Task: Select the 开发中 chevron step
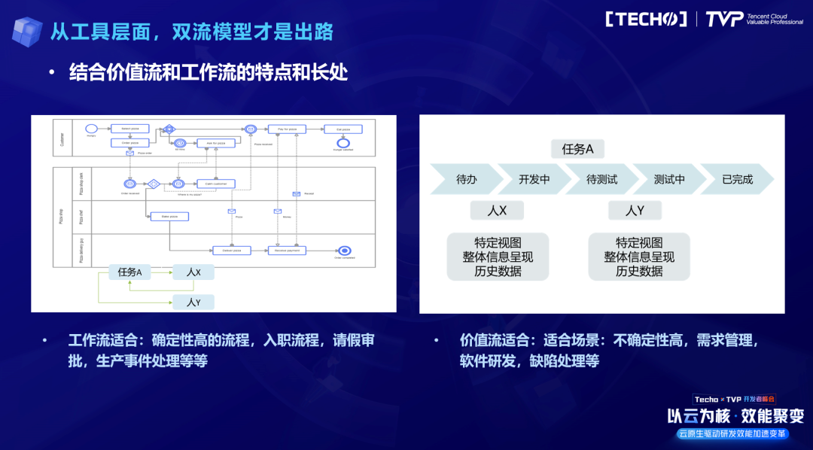click(534, 180)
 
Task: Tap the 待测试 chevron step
click(601, 180)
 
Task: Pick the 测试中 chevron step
click(669, 180)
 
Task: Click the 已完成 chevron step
click(737, 180)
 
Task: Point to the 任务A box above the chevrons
click(577, 149)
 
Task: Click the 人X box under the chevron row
click(498, 211)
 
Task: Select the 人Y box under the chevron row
click(635, 211)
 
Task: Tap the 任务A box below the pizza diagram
click(130, 272)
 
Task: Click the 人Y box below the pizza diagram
click(193, 303)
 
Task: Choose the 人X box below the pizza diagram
click(193, 272)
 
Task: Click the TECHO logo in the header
click(646, 19)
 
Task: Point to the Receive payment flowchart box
click(288, 251)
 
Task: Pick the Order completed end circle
click(344, 251)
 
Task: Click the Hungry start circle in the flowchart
click(91, 129)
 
